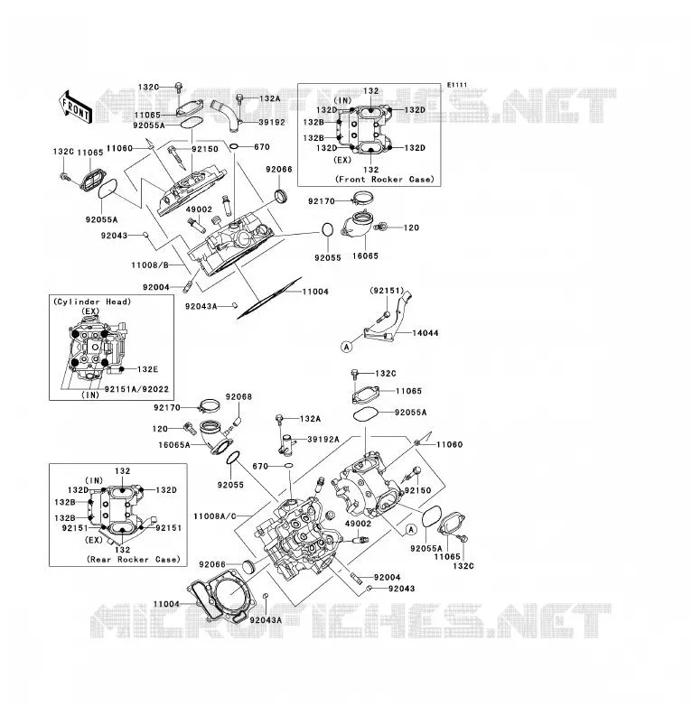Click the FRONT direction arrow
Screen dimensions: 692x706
coord(76,107)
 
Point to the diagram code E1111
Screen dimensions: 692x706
coord(457,85)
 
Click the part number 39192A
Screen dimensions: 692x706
coord(323,439)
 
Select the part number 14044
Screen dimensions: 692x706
coord(425,333)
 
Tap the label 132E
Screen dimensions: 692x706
coord(147,369)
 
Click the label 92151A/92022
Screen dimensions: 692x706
coord(136,389)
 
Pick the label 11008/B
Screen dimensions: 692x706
coord(150,265)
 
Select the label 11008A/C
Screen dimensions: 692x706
coord(214,516)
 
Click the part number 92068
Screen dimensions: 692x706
coord(238,396)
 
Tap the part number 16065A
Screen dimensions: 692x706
coord(173,445)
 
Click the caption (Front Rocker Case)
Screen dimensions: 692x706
coord(384,179)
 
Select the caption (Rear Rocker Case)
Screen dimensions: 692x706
coord(134,559)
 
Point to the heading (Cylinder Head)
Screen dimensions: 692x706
coord(92,302)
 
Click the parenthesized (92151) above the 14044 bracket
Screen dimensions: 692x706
coord(387,291)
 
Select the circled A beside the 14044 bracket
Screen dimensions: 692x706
coord(346,347)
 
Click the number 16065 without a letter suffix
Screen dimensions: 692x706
coord(365,255)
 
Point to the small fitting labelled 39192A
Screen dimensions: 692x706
coord(286,443)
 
